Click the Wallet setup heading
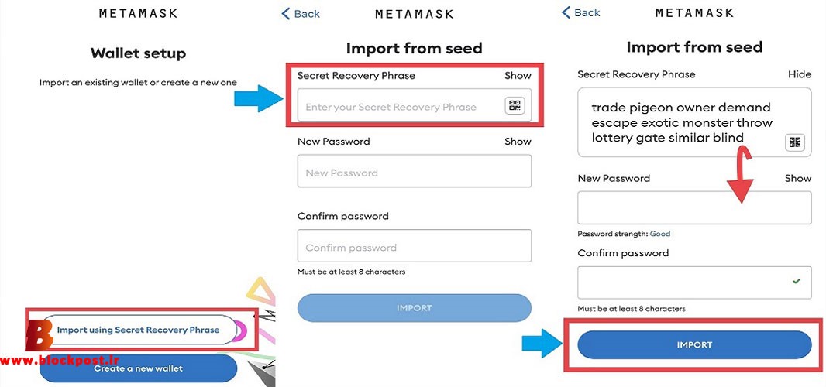click(138, 53)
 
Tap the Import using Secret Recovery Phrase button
click(138, 330)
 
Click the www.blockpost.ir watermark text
click(60, 360)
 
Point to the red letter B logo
click(39, 335)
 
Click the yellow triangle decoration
click(261, 291)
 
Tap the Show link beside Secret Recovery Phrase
click(518, 75)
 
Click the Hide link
click(800, 74)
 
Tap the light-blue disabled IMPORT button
click(414, 308)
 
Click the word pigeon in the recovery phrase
click(649, 108)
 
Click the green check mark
click(796, 282)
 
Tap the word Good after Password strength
click(660, 234)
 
